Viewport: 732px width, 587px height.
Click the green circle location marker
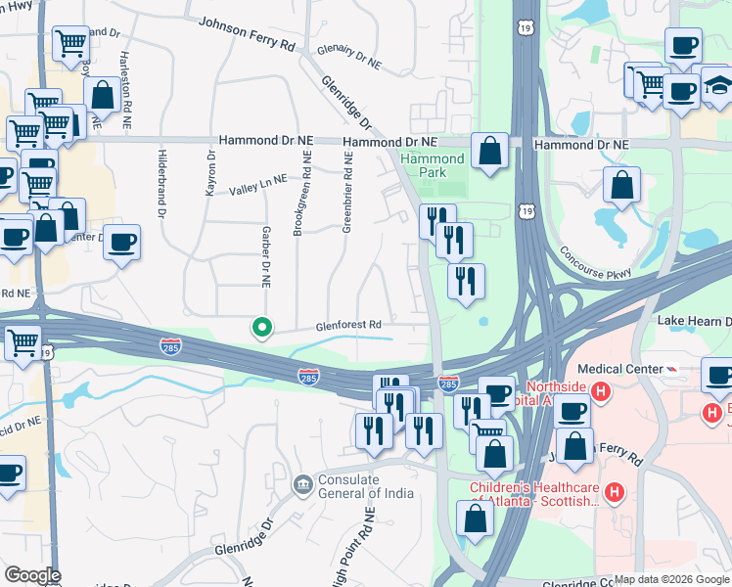pyautogui.click(x=261, y=328)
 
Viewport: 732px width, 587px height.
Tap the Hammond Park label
pyautogui.click(x=432, y=165)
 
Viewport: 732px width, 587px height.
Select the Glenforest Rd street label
pyautogui.click(x=347, y=326)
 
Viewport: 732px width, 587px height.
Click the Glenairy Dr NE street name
pyautogui.click(x=348, y=59)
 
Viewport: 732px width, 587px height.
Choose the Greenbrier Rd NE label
pyautogui.click(x=347, y=192)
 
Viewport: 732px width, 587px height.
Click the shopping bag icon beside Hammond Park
pyautogui.click(x=489, y=151)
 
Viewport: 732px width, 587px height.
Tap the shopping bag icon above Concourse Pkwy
pyautogui.click(x=621, y=185)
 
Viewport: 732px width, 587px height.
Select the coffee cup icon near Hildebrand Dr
pyautogui.click(x=121, y=242)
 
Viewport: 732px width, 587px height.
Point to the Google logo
pyautogui.click(x=32, y=575)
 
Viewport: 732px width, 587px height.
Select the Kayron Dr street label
pyautogui.click(x=210, y=172)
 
